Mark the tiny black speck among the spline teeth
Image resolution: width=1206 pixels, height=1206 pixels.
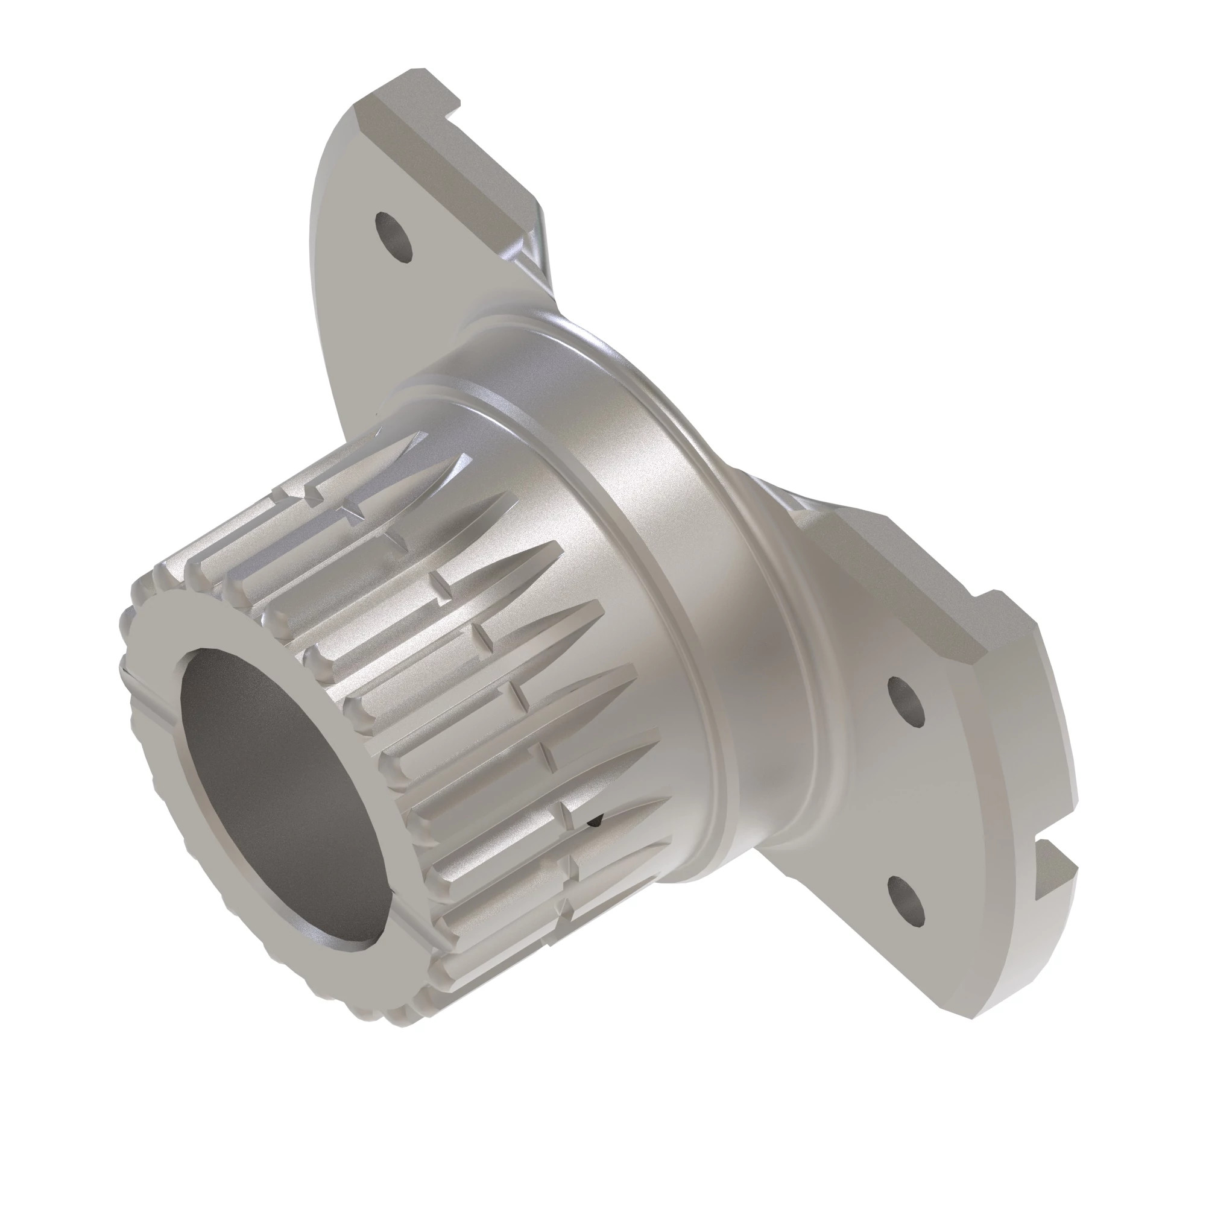(595, 822)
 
